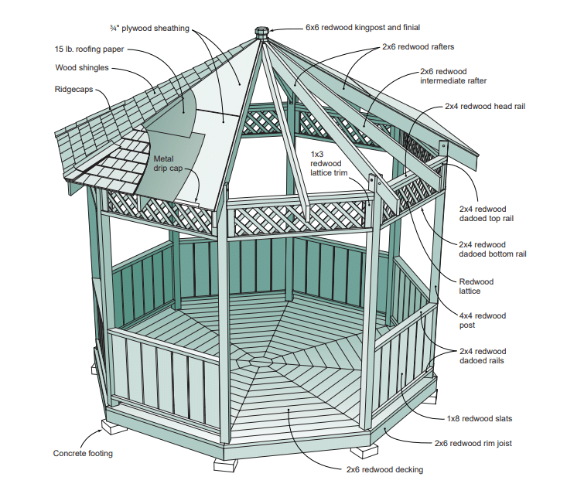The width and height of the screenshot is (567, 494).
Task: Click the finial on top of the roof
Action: pyautogui.click(x=262, y=32)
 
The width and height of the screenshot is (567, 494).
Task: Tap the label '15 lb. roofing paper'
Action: pyautogui.click(x=89, y=49)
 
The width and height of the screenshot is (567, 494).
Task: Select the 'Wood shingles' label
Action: pyautogui.click(x=81, y=68)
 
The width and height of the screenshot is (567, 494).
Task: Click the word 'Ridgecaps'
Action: pyautogui.click(x=73, y=90)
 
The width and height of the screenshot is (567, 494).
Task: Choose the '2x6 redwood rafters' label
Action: pyautogui.click(x=418, y=47)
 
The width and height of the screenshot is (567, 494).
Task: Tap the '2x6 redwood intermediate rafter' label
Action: pyautogui.click(x=453, y=76)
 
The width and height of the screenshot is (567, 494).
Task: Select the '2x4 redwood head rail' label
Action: pyautogui.click(x=485, y=106)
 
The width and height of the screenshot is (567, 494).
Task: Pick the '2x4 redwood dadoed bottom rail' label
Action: pyautogui.click(x=492, y=249)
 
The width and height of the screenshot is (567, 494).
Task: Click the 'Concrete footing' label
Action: pyautogui.click(x=83, y=454)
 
